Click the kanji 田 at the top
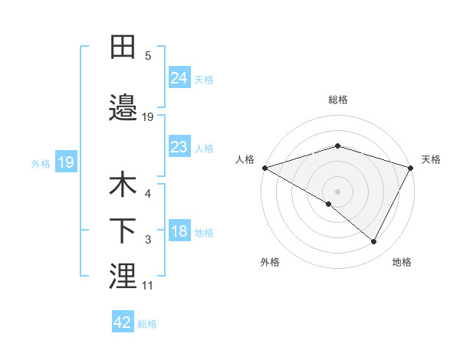123,47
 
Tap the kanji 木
123,185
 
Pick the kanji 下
123,231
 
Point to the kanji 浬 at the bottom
123,277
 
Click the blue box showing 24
179,78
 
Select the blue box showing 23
179,147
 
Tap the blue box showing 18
179,232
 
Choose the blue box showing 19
65,162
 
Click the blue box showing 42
123,323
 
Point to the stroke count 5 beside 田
148,56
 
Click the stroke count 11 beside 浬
147,286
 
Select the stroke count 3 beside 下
148,241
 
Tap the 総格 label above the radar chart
338,100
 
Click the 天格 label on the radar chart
431,159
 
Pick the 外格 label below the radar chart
270,262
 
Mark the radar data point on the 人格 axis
264,167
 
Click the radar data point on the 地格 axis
374,242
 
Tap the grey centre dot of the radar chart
337,191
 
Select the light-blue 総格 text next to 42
147,324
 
